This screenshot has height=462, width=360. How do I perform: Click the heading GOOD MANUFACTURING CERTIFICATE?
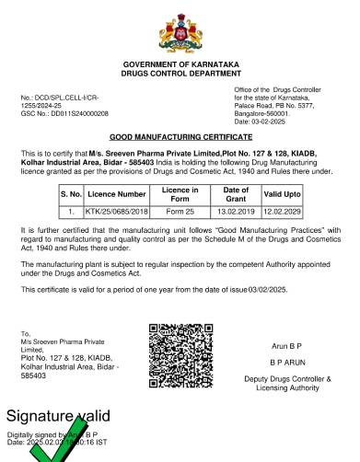pyautogui.click(x=180, y=134)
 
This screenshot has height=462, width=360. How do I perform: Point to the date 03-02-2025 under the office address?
pyautogui.click(x=276, y=121)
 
